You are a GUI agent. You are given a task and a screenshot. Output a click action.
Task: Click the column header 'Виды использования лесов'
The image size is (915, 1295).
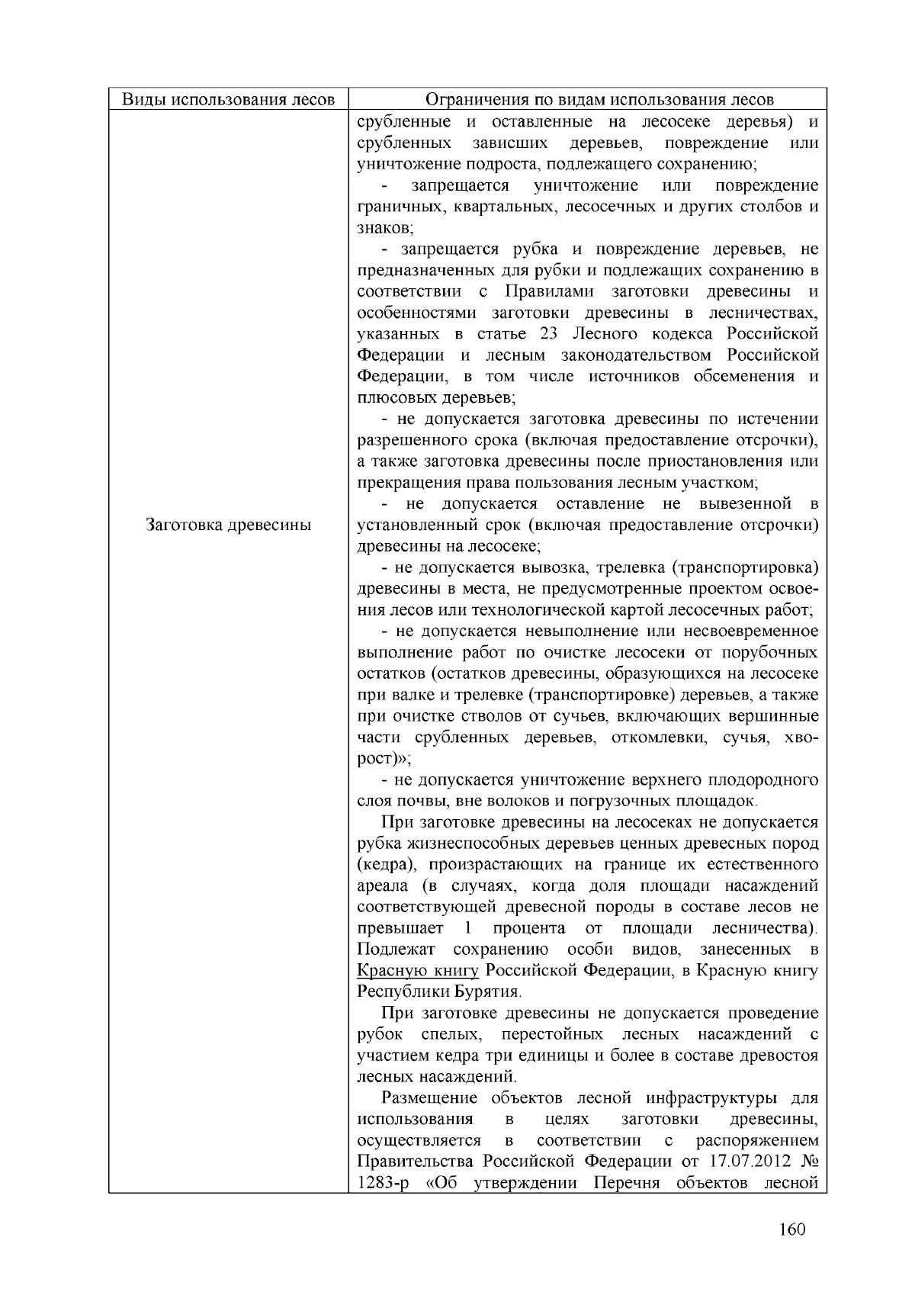(x=229, y=100)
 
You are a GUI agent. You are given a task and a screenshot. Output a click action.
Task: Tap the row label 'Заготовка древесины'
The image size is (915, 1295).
(x=229, y=525)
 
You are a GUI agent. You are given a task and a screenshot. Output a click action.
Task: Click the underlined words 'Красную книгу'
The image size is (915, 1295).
(x=418, y=971)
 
